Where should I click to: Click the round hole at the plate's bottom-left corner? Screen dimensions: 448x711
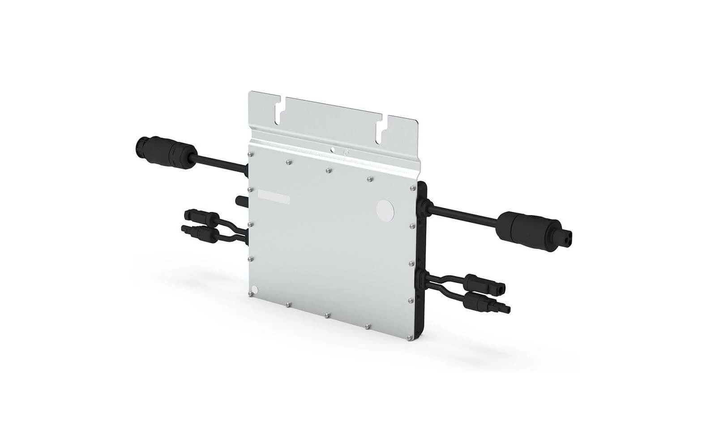(x=255, y=289)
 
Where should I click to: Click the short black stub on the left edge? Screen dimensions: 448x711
(x=241, y=199)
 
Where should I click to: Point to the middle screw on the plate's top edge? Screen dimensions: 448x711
(x=328, y=170)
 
